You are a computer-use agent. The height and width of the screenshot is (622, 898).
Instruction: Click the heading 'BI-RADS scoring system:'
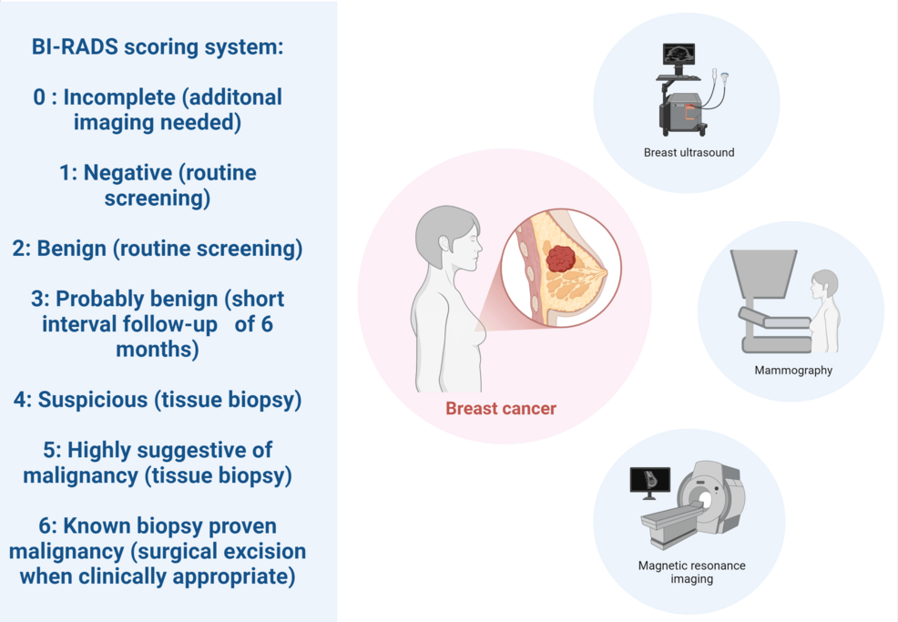click(158, 48)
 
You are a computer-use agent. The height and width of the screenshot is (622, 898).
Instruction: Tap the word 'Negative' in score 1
click(128, 173)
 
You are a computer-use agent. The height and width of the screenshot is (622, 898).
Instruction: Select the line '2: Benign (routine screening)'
click(158, 249)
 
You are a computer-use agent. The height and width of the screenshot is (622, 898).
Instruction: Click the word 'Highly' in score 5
click(98, 450)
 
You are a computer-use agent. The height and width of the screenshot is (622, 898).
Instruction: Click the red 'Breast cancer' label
click(500, 408)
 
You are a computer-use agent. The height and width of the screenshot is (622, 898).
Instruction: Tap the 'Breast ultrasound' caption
click(689, 152)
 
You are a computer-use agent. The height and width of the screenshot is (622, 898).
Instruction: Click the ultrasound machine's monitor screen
click(679, 55)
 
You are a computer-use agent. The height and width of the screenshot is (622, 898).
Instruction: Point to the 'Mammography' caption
click(793, 370)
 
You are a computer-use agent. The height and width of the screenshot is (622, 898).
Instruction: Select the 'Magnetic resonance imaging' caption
click(691, 572)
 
